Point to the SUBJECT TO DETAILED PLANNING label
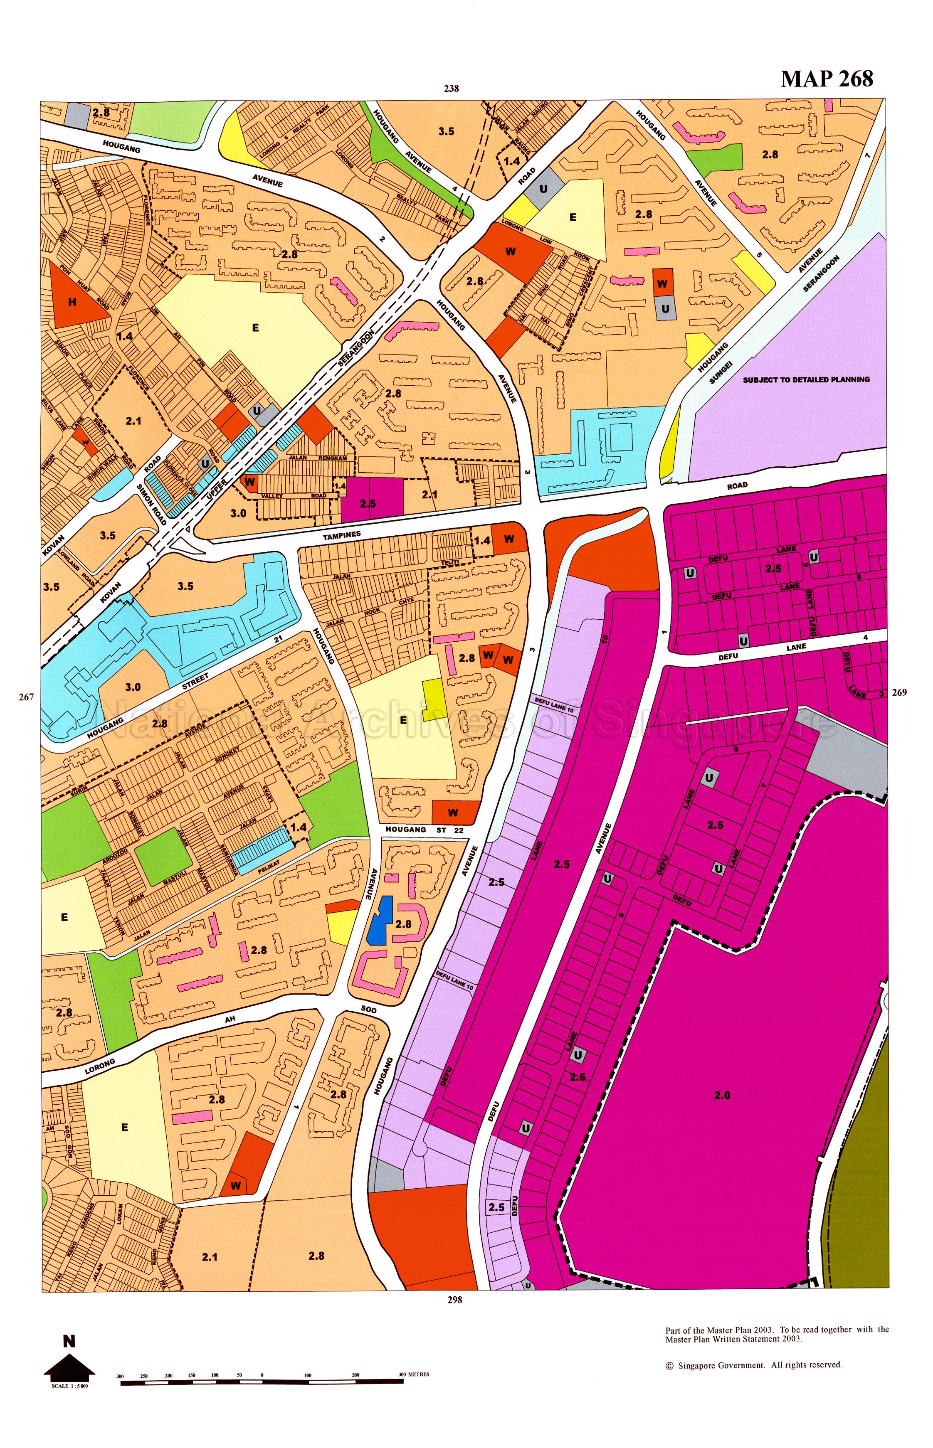[806, 380]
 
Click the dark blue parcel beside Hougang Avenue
[379, 919]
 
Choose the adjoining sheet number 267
[26, 697]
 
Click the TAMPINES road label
[342, 535]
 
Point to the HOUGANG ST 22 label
[424, 830]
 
